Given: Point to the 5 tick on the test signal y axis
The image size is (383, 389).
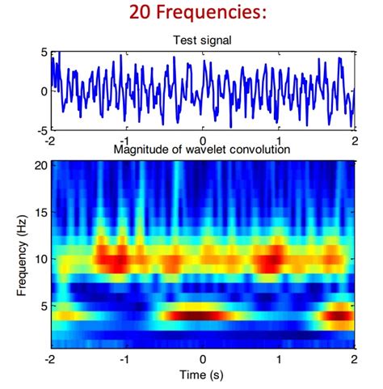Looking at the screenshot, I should tap(43, 53).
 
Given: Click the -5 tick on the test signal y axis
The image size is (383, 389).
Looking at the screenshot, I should tap(40, 129).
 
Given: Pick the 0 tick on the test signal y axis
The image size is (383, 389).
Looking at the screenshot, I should tap(43, 91).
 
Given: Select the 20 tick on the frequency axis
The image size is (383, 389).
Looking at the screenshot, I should tap(39, 165).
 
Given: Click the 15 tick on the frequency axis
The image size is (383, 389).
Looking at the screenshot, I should tap(39, 212).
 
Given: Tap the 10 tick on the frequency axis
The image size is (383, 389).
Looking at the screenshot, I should tap(39, 259).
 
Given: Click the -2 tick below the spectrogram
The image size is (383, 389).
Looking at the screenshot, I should tap(50, 360).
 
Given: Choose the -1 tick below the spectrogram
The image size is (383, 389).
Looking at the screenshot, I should tap(125, 360).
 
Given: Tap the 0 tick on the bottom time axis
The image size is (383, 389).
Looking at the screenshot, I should tap(203, 360).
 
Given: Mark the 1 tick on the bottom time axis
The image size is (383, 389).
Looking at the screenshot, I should tap(279, 360).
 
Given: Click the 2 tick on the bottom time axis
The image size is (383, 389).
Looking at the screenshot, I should tap(354, 360).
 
